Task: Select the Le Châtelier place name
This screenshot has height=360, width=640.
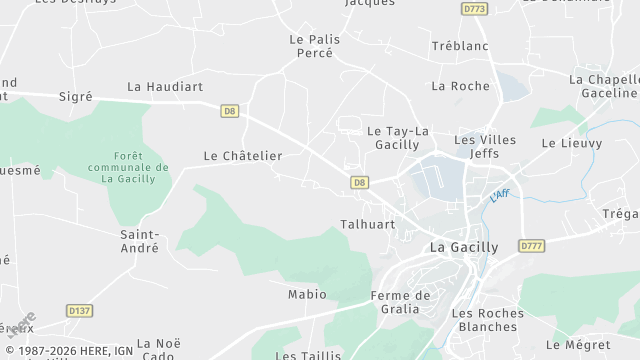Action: coord(243,156)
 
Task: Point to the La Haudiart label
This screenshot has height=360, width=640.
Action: coord(165,87)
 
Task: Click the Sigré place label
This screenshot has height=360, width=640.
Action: coord(76,96)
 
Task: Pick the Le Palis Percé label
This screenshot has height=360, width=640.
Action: coord(314,46)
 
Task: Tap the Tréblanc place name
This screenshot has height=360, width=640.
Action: coord(459,47)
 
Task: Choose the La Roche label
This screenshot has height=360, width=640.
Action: coord(460,86)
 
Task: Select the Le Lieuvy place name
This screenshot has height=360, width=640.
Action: coord(572,143)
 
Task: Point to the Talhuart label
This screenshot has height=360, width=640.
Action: coord(367,225)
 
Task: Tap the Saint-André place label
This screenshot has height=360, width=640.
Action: coord(141,241)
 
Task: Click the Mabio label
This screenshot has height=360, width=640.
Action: coord(307,294)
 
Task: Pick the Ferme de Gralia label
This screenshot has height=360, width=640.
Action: coord(400,301)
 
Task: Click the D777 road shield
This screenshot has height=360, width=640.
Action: coord(531,245)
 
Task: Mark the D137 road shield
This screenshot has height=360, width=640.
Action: coord(80,311)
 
